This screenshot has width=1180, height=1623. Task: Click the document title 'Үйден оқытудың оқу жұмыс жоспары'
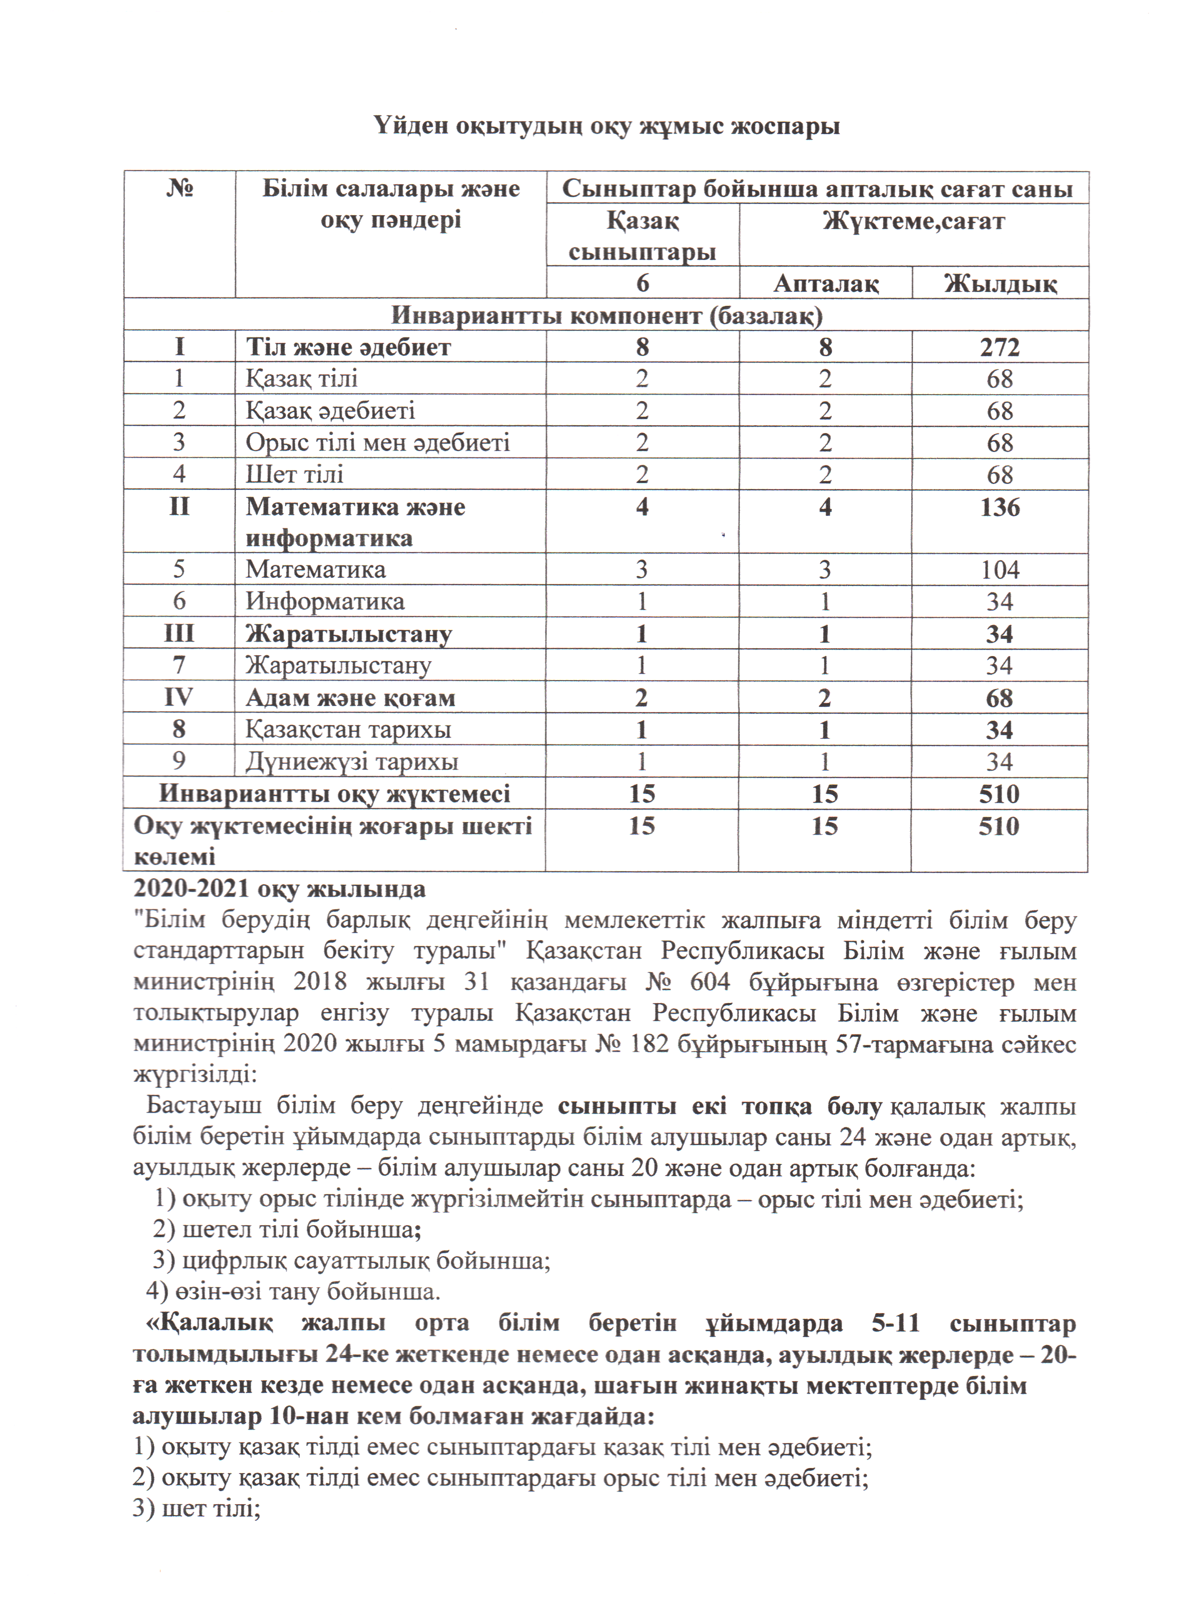pos(606,126)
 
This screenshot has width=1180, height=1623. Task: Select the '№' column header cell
pos(180,189)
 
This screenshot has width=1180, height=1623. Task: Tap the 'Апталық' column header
pos(826,284)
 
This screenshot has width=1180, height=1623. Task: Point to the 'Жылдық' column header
pos(1000,284)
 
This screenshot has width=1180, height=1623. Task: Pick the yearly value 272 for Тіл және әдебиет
pos(1000,347)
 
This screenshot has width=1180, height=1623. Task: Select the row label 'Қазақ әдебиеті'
pos(330,411)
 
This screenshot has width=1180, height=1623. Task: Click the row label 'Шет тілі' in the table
pos(295,474)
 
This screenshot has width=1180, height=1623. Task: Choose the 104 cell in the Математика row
pos(1000,570)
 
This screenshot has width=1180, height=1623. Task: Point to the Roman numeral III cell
pos(179,634)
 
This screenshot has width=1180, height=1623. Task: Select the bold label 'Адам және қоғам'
pos(351,698)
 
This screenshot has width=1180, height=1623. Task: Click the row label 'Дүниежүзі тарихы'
pos(352,762)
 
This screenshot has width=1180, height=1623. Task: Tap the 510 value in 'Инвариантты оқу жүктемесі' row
pos(999,793)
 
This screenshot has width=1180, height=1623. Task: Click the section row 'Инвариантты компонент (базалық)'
pos(606,316)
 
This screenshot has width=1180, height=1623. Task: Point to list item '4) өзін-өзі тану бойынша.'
pos(293,1292)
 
